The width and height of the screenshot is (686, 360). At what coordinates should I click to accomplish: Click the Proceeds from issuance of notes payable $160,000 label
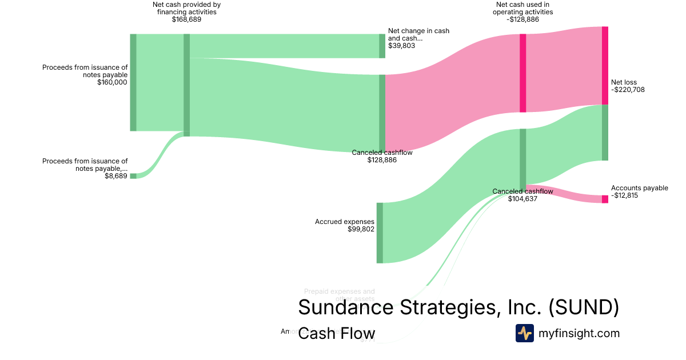(85, 75)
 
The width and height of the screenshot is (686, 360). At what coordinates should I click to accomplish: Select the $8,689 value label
(116, 177)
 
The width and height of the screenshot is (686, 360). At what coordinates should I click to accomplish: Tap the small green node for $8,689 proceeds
(133, 176)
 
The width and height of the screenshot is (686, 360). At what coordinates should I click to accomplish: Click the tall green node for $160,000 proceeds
(133, 82)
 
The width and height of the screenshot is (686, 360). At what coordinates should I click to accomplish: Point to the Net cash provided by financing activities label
(186, 12)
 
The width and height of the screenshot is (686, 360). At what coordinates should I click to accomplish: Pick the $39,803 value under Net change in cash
(401, 46)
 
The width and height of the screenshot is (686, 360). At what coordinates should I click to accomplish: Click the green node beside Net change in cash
(382, 46)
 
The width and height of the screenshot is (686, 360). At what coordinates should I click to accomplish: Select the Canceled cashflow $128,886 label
(382, 156)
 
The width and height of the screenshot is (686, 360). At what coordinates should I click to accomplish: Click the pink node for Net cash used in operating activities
(523, 73)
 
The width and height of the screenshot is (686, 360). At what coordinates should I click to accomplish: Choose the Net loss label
(624, 82)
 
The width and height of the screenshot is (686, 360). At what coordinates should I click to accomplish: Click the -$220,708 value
(628, 90)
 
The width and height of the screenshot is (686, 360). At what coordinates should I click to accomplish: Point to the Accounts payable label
(639, 188)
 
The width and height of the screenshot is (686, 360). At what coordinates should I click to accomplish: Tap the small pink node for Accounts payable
(605, 199)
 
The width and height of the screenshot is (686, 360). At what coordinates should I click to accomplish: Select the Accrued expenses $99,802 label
(345, 225)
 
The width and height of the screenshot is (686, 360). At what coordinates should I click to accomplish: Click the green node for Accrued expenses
(380, 233)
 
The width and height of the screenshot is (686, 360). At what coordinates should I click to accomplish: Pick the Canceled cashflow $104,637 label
(523, 195)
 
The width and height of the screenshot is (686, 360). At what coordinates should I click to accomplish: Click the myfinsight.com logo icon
(524, 333)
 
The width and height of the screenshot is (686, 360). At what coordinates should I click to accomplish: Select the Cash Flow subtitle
(337, 334)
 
